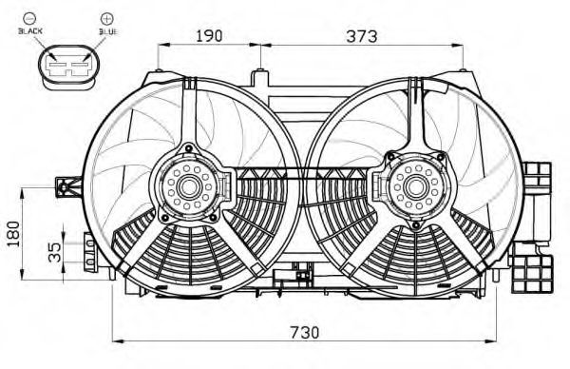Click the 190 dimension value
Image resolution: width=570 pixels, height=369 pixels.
[209, 35]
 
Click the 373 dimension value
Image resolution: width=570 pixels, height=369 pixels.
[362, 36]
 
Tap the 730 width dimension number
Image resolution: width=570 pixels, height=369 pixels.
[305, 332]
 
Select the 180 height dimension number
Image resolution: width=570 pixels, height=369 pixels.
[13, 233]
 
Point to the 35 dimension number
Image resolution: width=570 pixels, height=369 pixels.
[54, 252]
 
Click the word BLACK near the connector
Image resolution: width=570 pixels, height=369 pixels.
[30, 31]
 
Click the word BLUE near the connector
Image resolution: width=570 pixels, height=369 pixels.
[108, 31]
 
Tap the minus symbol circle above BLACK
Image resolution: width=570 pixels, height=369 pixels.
[28, 18]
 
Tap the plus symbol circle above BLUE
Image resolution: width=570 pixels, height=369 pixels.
[106, 18]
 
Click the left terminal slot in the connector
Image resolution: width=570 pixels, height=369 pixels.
[57, 65]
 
